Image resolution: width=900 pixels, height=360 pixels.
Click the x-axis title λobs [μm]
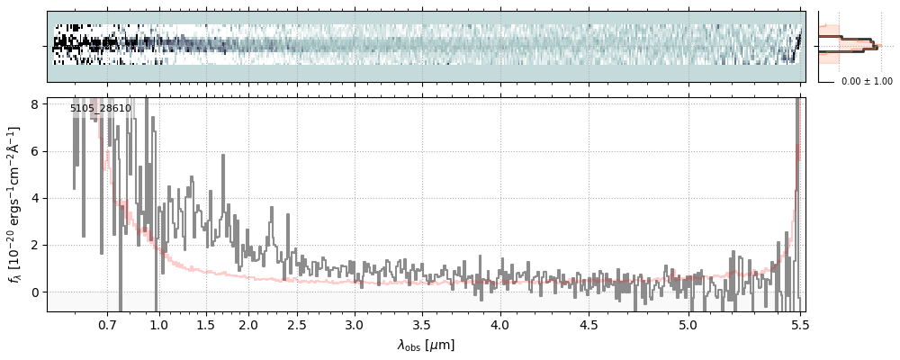(426, 345)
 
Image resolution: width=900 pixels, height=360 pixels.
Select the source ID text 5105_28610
(101, 109)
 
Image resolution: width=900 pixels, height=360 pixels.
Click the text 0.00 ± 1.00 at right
(867, 82)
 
